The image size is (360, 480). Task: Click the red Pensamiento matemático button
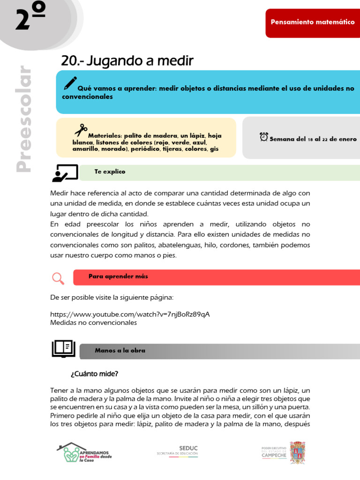(x=313, y=22)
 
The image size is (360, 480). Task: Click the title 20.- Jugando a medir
(x=127, y=61)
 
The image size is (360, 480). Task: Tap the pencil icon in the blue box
(x=70, y=83)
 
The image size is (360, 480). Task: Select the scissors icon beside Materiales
(x=81, y=130)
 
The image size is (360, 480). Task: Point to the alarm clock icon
(x=264, y=137)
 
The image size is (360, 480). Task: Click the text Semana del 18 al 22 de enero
(x=313, y=139)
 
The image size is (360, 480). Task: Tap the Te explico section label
(x=110, y=172)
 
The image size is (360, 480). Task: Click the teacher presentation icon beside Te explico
(x=65, y=173)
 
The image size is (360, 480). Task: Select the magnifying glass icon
(x=58, y=278)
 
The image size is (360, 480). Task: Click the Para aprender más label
(x=118, y=277)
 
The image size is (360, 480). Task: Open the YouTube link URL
(x=130, y=314)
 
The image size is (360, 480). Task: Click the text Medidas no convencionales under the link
(x=93, y=322)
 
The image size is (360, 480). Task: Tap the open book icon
(x=63, y=349)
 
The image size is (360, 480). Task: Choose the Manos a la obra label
(x=120, y=351)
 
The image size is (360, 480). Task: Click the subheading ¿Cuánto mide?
(x=94, y=374)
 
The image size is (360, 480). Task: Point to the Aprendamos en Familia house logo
(x=83, y=453)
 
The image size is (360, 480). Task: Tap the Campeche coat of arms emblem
(x=297, y=452)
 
